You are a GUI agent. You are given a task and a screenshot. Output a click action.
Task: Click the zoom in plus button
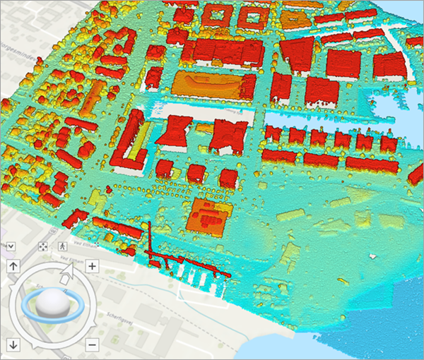click(91, 265)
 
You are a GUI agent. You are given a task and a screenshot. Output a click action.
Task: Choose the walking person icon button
click(63, 246)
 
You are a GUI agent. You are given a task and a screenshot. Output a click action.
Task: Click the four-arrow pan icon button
click(42, 246)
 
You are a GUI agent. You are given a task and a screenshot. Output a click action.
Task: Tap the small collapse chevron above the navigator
click(12, 246)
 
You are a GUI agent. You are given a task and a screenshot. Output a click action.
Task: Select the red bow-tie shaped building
click(174, 131)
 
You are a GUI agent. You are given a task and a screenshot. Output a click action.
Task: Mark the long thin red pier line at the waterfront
click(187, 262)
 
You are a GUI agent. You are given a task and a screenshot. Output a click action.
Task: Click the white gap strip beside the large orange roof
click(205, 110)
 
